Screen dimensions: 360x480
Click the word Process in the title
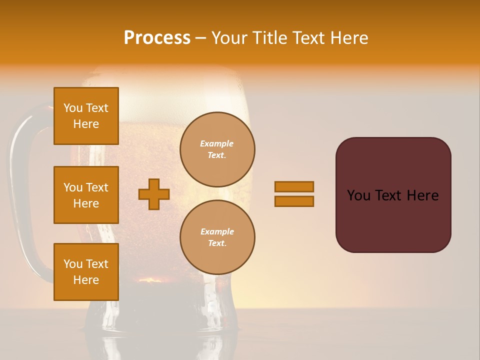(x=157, y=38)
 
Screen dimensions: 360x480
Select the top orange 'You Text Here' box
(x=86, y=116)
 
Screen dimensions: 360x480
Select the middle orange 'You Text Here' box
(x=86, y=195)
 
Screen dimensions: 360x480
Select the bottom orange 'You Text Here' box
(x=86, y=272)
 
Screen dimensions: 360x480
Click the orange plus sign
(x=154, y=194)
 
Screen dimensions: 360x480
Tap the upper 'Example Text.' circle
(x=217, y=149)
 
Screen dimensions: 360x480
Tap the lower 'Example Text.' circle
(x=217, y=237)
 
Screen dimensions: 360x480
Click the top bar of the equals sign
(x=294, y=187)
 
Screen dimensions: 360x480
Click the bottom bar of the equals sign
(x=294, y=201)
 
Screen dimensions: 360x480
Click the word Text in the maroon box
(x=390, y=195)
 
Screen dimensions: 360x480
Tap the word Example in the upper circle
(x=216, y=143)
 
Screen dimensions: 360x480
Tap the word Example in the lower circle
(x=217, y=231)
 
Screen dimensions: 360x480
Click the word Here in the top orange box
(x=86, y=124)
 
